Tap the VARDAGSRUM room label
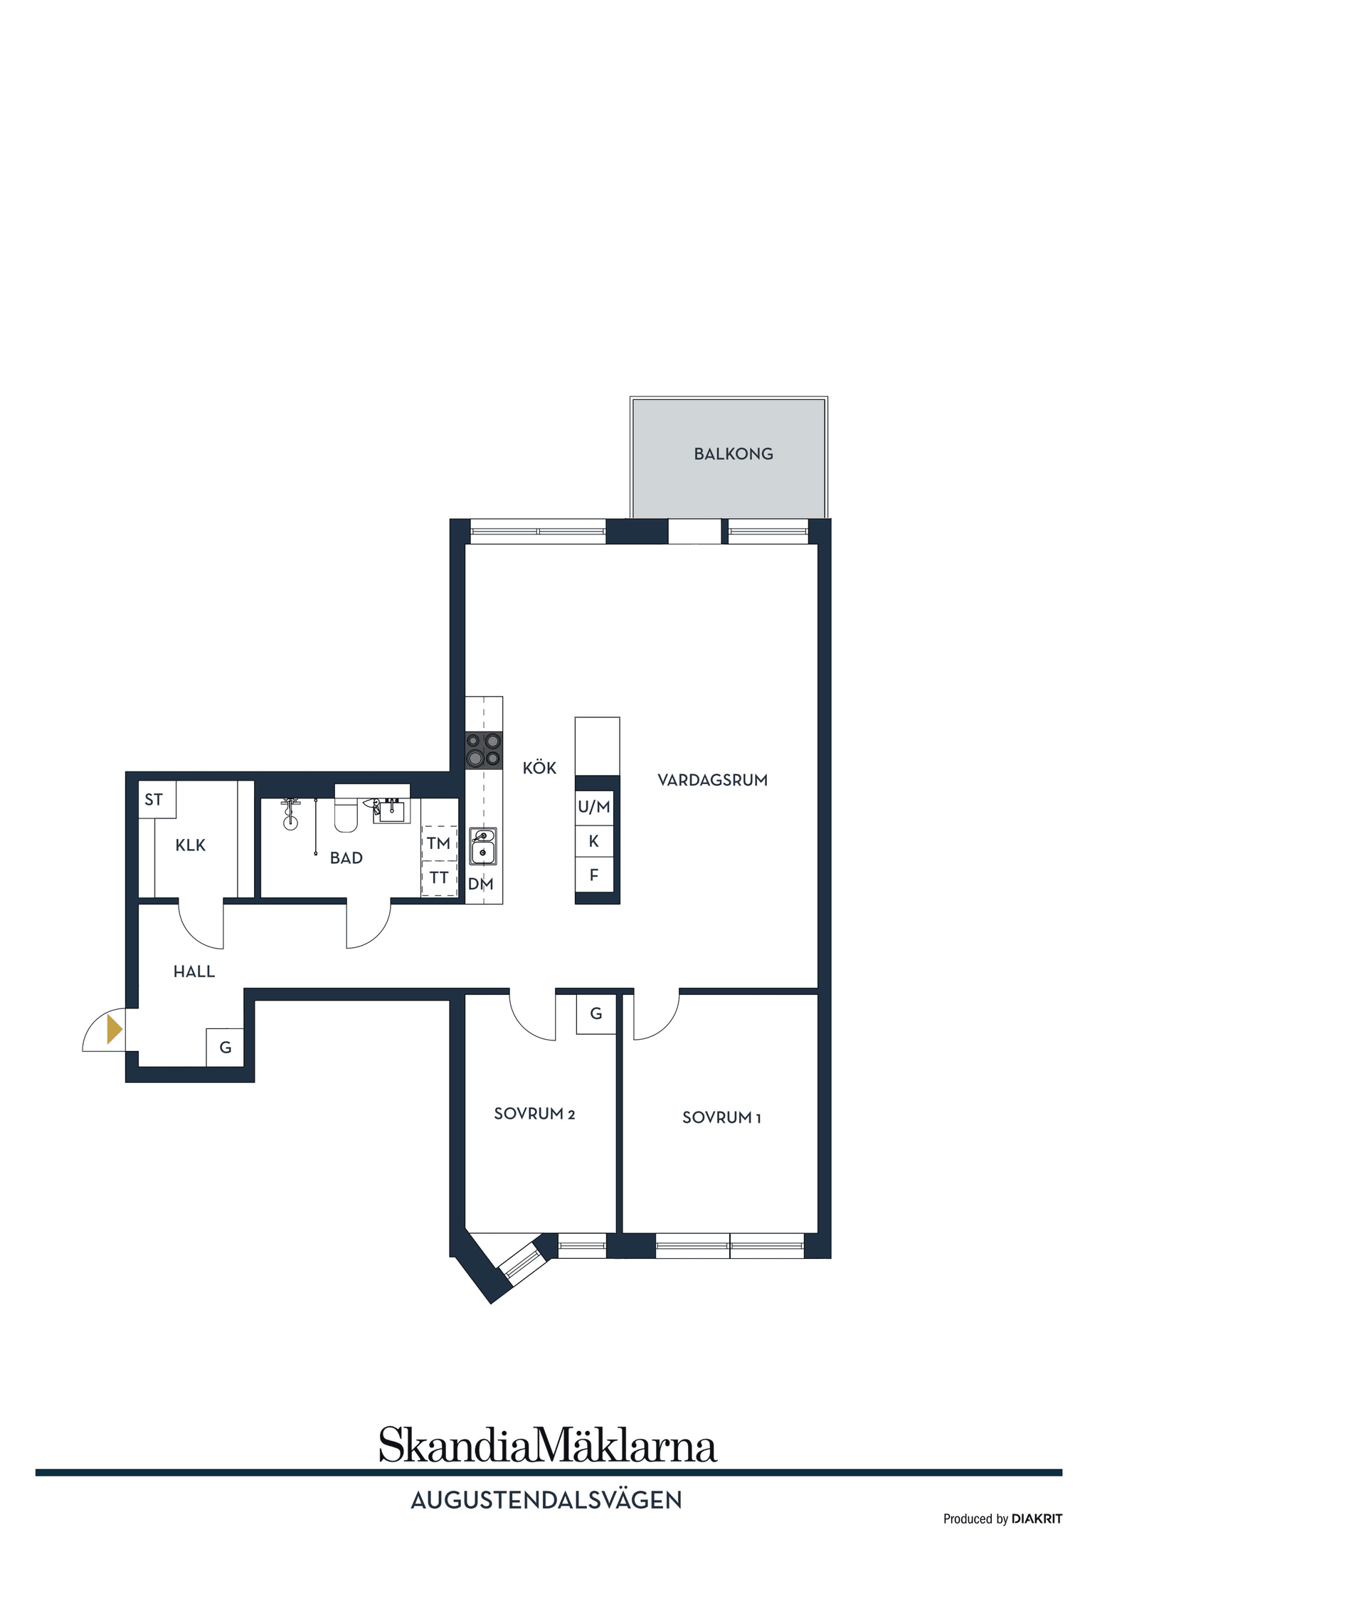point(711,779)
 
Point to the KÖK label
point(539,768)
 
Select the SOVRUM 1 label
point(721,1117)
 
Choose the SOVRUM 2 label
point(534,1114)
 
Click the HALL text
point(194,971)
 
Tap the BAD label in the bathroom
point(346,858)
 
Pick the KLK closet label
point(190,845)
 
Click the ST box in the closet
point(154,800)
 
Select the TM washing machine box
point(438,843)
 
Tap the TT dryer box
point(438,877)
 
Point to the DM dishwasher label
point(480,885)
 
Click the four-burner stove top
point(483,749)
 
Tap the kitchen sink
point(483,847)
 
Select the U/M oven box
point(593,807)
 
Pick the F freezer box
point(593,875)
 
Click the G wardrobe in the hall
point(225,1047)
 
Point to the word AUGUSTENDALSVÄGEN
point(546,1499)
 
